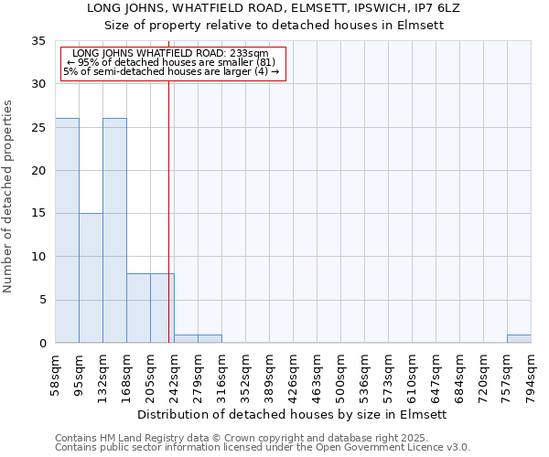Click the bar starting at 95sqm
point(91,278)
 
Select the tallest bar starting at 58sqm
point(67,230)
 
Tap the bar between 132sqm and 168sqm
point(114,230)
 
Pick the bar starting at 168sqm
point(138,308)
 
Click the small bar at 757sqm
point(519,339)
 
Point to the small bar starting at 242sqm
point(186,339)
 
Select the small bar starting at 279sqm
point(210,339)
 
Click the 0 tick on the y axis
point(42,344)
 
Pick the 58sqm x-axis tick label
point(56,373)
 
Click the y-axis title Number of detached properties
point(9,197)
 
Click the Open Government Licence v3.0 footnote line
point(262,448)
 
